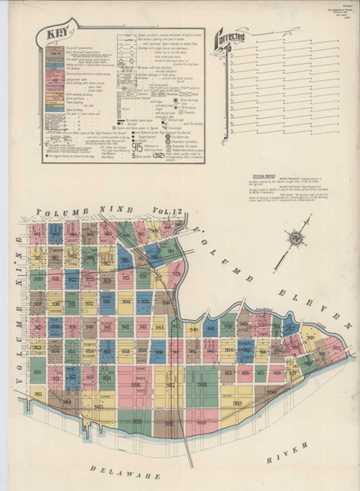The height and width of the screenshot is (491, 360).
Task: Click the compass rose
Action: [x=292, y=240]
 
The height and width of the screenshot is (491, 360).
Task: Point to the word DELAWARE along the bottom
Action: [x=115, y=473]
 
